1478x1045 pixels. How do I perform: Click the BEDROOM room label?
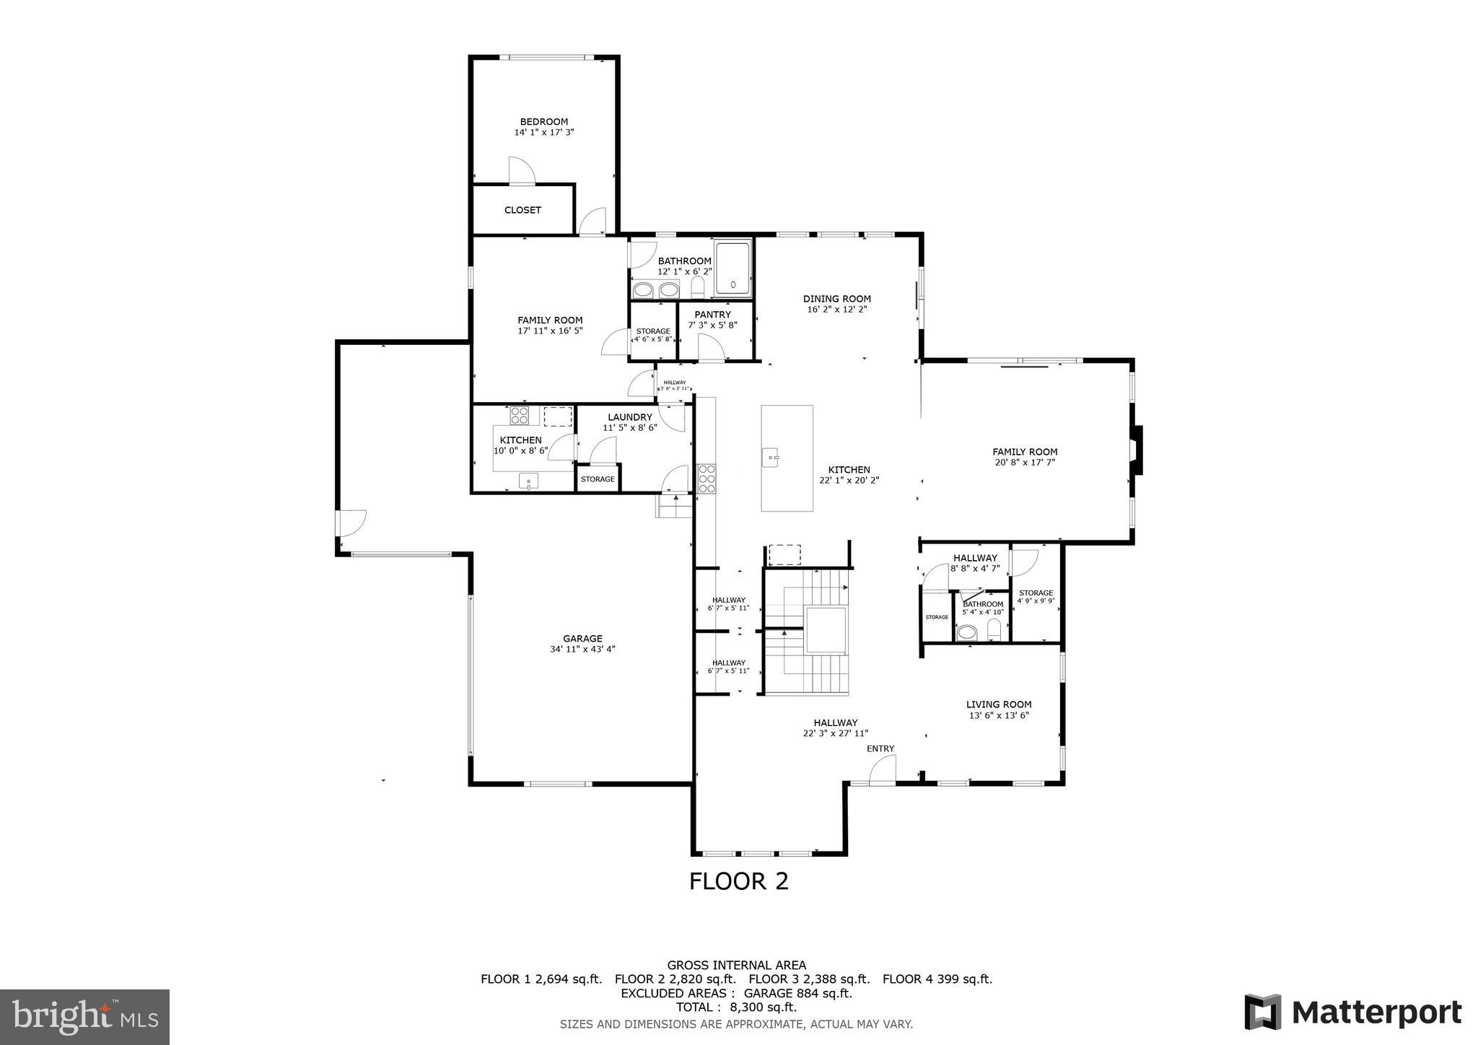click(x=543, y=122)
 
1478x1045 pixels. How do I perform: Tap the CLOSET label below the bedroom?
click(x=522, y=210)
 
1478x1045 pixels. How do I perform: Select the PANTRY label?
click(x=712, y=315)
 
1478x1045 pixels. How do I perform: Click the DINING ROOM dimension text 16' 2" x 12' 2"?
click(x=836, y=309)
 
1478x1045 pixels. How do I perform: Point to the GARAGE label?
click(x=582, y=639)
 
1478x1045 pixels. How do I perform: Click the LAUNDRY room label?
click(x=629, y=417)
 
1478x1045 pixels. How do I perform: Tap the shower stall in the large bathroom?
click(x=733, y=269)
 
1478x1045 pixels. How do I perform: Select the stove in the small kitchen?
click(x=519, y=416)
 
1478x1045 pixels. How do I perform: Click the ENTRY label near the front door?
click(x=880, y=748)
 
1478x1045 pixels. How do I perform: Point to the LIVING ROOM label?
click(x=998, y=704)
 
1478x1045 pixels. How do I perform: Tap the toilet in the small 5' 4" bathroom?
click(x=994, y=629)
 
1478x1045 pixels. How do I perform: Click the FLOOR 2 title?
click(x=738, y=881)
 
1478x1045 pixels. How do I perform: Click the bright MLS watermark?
click(x=84, y=1017)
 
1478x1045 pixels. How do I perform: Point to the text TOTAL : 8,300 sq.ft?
click(x=736, y=1007)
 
